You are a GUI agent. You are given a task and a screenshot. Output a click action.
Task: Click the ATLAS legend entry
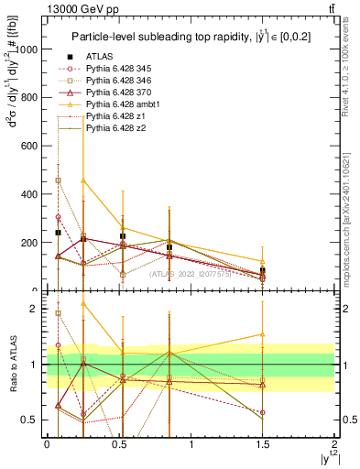tap(99, 56)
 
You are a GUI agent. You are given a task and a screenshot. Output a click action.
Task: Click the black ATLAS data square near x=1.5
tap(263, 270)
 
